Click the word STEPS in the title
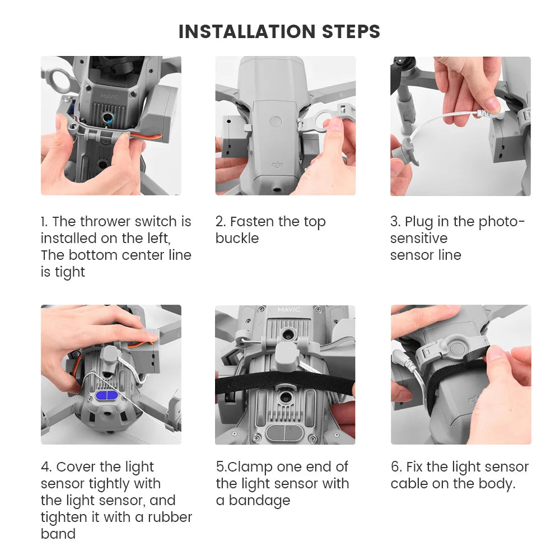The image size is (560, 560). coord(351,31)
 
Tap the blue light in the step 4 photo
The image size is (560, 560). coord(107,396)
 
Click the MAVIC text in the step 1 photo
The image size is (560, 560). coord(110,96)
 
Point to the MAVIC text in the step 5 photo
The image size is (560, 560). coord(289,309)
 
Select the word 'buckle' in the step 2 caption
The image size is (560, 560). coord(237,238)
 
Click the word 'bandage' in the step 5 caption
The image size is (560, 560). coord(260,501)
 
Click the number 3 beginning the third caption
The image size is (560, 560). coord(395,222)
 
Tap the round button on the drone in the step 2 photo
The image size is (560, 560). coord(276,122)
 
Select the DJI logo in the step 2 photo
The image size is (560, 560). coord(278,165)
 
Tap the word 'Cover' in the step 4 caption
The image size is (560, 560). coord(76,467)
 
